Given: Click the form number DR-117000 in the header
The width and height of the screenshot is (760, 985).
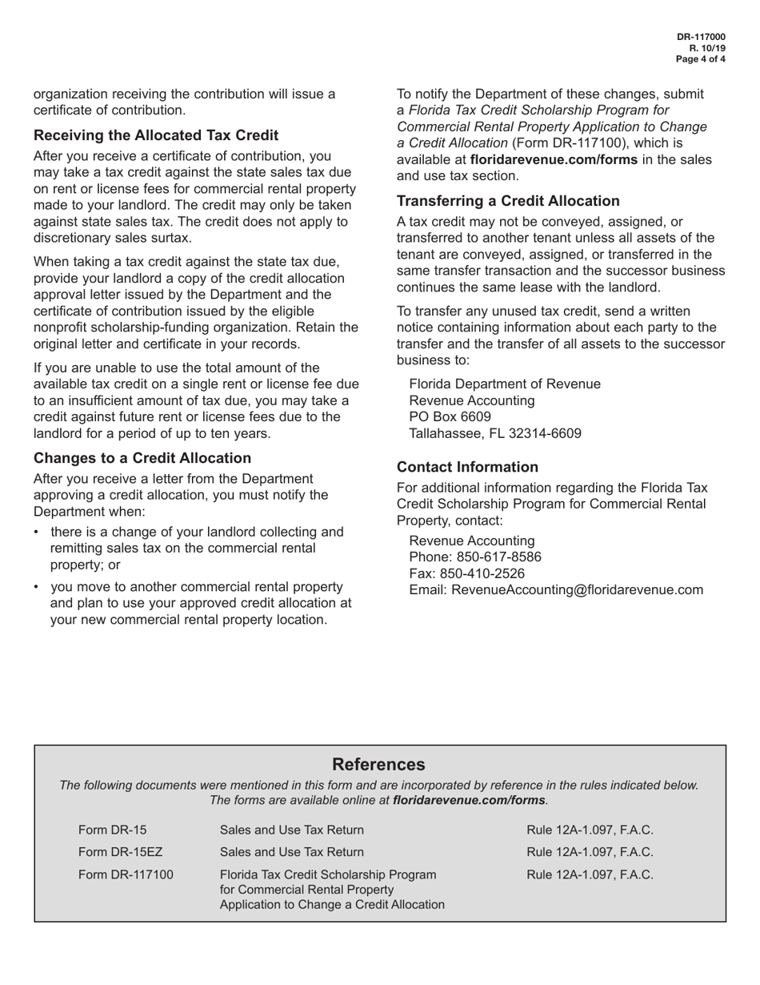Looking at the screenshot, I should click(702, 37).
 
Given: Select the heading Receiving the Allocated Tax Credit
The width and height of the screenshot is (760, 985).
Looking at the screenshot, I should click(156, 135).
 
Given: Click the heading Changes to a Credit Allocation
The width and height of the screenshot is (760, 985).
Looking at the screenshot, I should click(142, 458).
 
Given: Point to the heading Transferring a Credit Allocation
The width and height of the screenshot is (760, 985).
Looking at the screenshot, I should click(508, 201).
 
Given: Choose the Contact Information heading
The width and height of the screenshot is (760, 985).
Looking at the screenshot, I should click(467, 467).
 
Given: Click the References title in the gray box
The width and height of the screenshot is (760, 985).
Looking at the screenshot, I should click(378, 764).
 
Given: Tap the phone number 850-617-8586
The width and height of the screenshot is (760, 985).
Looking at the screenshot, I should click(498, 557).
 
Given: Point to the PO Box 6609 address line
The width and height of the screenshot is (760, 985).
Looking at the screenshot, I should click(450, 417).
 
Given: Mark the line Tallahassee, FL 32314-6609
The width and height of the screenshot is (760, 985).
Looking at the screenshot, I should click(495, 434).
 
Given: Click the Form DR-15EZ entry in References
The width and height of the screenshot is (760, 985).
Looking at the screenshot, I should click(121, 852).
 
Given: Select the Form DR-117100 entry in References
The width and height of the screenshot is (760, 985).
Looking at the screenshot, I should click(126, 874).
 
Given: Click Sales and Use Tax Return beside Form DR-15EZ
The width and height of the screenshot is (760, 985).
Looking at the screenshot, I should click(291, 852).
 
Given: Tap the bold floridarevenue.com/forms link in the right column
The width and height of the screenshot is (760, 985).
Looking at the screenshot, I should click(554, 159).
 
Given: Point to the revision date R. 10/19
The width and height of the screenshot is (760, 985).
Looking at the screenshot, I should click(707, 48).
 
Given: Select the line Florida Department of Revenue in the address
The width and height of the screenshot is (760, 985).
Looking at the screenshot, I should click(505, 384).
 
